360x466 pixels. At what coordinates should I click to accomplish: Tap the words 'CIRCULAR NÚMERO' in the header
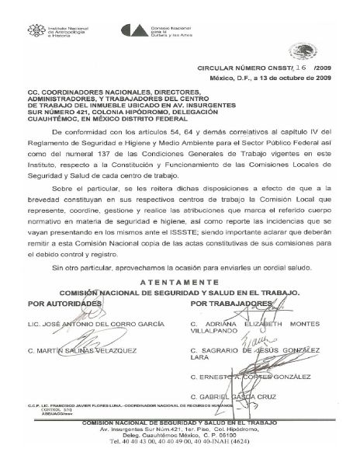pos(234,68)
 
